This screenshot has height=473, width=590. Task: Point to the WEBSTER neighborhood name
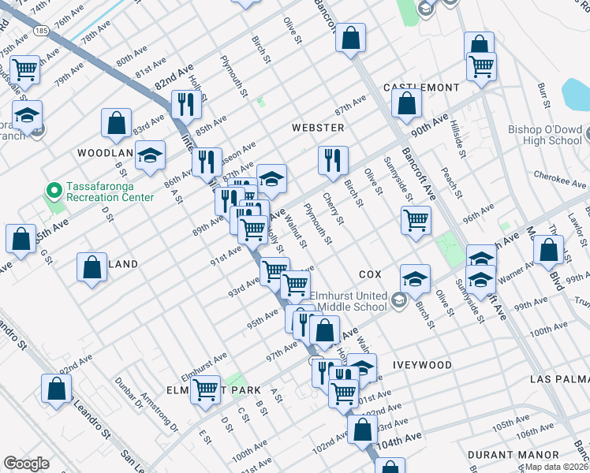318,127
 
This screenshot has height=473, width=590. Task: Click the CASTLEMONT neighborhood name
421,87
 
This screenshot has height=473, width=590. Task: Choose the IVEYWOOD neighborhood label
423,365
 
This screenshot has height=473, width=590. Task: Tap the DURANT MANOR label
513,455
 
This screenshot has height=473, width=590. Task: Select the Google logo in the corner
25,464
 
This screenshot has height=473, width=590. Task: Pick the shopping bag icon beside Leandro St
57,388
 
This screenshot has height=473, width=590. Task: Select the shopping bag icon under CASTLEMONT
406,102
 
